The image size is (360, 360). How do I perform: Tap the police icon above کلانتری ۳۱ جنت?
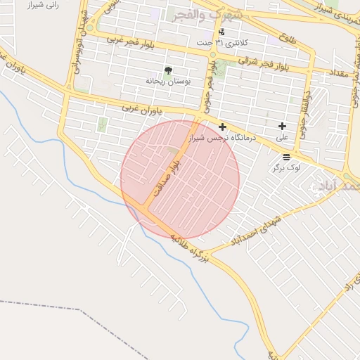222,32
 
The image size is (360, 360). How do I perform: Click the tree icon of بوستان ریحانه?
167,70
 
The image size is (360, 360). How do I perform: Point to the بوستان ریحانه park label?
167,82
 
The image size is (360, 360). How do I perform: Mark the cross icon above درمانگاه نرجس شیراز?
223,127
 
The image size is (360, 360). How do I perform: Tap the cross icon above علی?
283,127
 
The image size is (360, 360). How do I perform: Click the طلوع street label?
287,38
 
